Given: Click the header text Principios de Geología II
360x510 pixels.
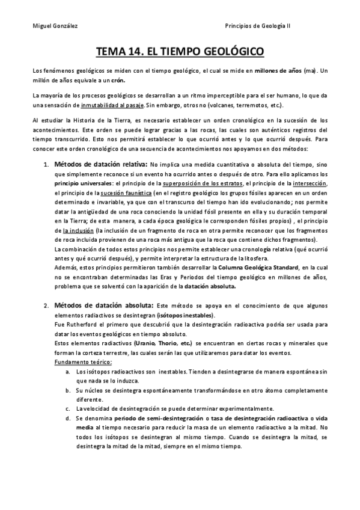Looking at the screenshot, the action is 257,26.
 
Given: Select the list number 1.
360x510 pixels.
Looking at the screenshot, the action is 46,164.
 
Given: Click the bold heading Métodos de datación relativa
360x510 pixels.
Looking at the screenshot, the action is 100,164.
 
